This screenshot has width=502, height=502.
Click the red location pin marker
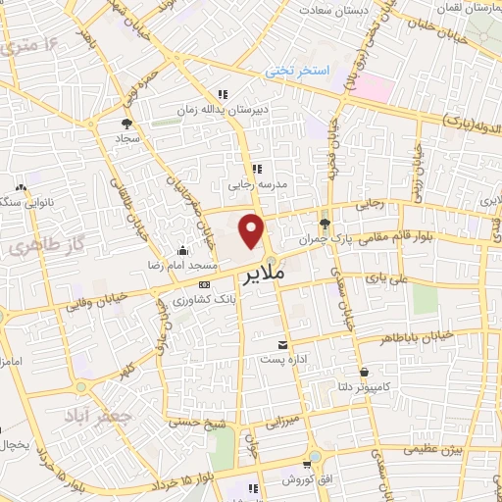tap(252, 231)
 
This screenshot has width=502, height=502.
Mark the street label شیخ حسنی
tap(193, 423)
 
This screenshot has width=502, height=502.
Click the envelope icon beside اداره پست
tap(282, 344)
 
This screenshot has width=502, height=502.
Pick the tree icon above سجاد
tap(126, 124)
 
